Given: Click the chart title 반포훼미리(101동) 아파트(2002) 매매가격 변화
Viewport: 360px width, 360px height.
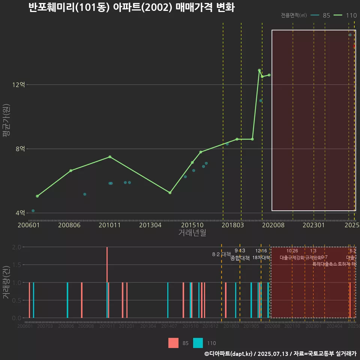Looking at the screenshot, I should coord(131,7).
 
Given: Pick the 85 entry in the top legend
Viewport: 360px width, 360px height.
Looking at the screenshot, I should coord(321,15).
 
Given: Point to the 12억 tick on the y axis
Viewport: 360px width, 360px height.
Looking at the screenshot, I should coord(18,85).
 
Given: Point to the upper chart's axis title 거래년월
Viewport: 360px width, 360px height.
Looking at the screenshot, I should coord(192,233).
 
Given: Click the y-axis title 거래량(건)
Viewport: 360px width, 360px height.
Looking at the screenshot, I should coord(6,282).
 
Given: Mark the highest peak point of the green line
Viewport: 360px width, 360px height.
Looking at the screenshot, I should coord(259,70).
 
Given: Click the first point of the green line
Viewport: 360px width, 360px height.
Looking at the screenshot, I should coord(37,196).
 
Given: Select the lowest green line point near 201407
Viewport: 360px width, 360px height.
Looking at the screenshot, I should coord(170,193).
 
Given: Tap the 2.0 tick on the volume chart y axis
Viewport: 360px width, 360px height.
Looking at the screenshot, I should coord(16,247).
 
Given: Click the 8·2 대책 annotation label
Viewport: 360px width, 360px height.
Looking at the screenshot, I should coord(221,254).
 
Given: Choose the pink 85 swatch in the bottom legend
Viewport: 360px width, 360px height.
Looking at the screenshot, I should coord(173,343).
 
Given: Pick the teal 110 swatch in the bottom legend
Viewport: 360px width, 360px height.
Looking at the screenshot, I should coord(198,343).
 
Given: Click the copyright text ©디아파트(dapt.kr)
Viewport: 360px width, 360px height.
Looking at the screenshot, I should coord(229,354).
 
